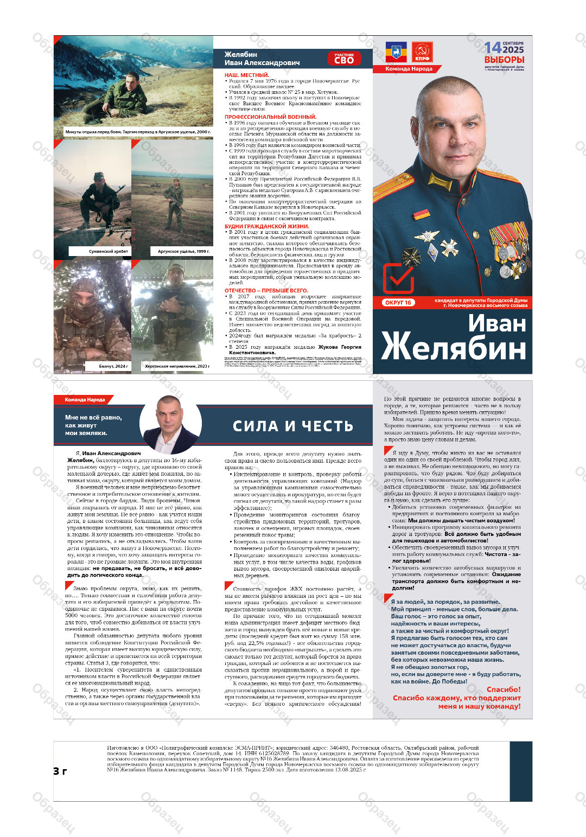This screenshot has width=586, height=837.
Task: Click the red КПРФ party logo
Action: [x=422, y=53]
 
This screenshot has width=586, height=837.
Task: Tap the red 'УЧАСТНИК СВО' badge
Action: [x=343, y=59]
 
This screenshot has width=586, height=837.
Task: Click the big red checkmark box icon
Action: [x=398, y=278]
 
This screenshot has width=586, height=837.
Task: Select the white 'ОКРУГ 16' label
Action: [x=398, y=303]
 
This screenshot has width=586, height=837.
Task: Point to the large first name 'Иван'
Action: [x=496, y=324]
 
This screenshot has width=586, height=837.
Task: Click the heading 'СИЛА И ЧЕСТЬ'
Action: [x=293, y=426]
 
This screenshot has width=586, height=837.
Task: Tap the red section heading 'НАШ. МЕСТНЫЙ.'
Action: [x=247, y=75]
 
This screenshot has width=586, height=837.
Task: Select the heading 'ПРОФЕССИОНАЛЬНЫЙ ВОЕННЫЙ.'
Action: [x=270, y=117]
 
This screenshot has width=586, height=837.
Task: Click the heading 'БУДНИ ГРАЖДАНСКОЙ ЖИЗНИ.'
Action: [x=267, y=226]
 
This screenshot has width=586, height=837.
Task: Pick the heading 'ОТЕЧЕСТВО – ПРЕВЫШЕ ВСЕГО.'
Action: [x=266, y=291]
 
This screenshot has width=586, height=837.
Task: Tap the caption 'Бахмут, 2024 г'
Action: [x=113, y=366]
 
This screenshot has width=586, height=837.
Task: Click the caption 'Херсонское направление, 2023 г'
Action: [x=177, y=366]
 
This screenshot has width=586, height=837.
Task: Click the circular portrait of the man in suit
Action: [x=169, y=424]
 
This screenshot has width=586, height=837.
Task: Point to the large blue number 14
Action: [x=493, y=48]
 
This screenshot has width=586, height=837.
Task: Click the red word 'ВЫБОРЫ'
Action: [x=504, y=60]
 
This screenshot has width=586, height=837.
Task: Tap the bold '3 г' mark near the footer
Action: [x=60, y=771]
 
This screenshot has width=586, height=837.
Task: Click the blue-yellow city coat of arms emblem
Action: [x=396, y=53]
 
